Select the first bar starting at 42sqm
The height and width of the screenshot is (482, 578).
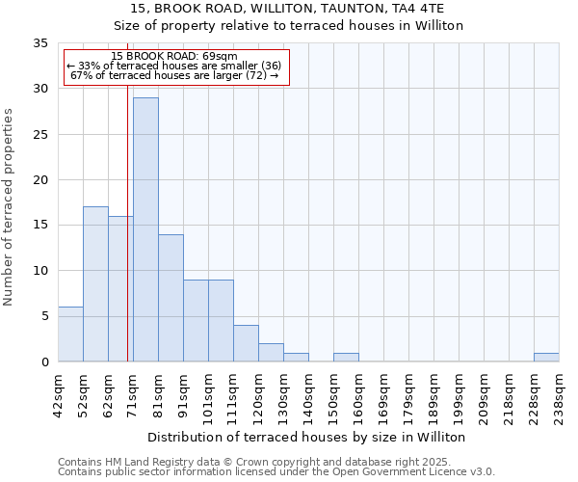[70, 334]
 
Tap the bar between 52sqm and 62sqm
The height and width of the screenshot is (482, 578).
[95, 284]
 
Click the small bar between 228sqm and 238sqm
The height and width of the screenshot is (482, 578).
[546, 358]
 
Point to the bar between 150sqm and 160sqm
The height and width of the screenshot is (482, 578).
[346, 358]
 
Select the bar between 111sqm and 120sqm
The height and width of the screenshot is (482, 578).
[246, 343]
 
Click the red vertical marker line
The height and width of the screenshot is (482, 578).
[127, 241]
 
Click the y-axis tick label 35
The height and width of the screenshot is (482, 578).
[40, 43]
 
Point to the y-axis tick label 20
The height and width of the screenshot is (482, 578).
[40, 180]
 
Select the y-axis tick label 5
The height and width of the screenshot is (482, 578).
[44, 316]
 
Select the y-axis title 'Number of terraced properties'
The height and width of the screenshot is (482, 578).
[10, 206]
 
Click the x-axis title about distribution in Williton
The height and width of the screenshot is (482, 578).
[307, 437]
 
